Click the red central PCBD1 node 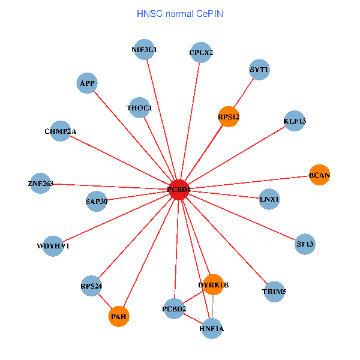click(x=179, y=190)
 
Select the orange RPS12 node click(x=229, y=116)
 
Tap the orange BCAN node click(x=319, y=175)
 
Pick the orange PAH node click(x=119, y=316)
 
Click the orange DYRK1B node click(x=213, y=284)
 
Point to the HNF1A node click(x=211, y=328)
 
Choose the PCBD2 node click(x=174, y=308)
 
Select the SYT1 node click(x=259, y=70)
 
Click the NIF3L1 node click(x=144, y=50)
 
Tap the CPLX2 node click(x=201, y=52)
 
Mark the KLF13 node click(x=295, y=121)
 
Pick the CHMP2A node click(x=61, y=131)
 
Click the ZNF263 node click(x=41, y=183)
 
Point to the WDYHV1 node click(x=53, y=246)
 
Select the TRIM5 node click(x=274, y=292)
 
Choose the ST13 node click(x=305, y=244)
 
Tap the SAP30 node click(x=97, y=201)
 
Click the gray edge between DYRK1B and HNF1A click(x=212, y=306)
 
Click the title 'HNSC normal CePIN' click(x=180, y=13)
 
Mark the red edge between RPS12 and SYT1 click(x=244, y=93)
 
